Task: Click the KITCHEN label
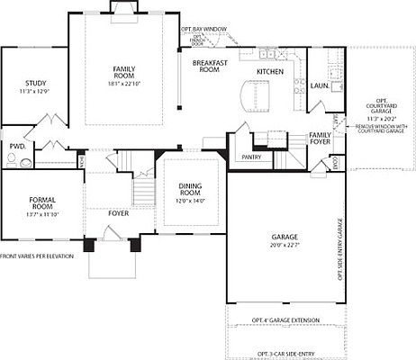coord(270,71)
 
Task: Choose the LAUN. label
coord(318,86)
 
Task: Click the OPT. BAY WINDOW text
coord(203,29)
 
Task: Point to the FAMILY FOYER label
coord(320,139)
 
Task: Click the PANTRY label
coord(251,157)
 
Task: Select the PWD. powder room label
coord(16,146)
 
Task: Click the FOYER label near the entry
coord(119,213)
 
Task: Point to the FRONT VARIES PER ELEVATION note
coord(42,256)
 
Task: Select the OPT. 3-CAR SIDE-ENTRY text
coord(286,354)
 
